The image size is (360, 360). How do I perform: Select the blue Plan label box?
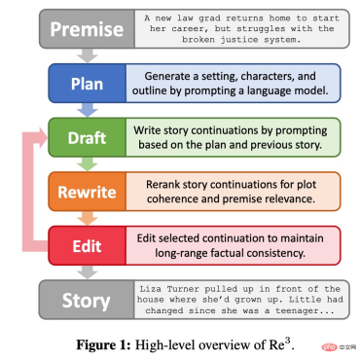pyautogui.click(x=86, y=85)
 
